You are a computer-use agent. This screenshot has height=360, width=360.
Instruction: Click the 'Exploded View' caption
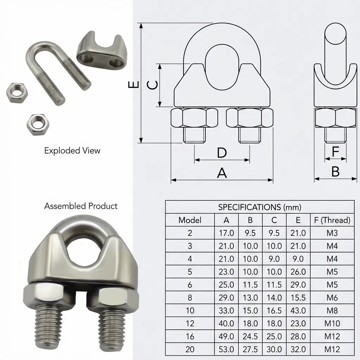tap(72, 151)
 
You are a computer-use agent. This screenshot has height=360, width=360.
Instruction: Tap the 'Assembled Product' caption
tap(81, 206)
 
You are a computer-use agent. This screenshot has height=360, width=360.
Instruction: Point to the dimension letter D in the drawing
tap(221, 153)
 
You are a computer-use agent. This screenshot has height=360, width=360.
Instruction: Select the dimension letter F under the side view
tap(335, 152)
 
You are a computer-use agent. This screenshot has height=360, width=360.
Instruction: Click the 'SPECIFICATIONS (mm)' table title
tap(259, 207)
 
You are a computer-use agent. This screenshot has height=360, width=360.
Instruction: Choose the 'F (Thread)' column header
tap(332, 220)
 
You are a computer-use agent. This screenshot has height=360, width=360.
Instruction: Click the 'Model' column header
tap(190, 220)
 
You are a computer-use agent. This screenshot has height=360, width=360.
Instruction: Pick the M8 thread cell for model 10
tap(332, 311)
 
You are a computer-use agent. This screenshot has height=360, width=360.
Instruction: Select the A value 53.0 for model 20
tap(226, 349)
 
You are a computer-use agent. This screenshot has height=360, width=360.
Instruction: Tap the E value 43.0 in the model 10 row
tap(298, 311)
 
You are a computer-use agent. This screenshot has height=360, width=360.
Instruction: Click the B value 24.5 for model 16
tap(250, 336)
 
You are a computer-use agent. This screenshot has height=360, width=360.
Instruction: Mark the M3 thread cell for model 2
tap(332, 233)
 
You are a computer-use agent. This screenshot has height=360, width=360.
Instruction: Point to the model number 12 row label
tap(190, 324)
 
